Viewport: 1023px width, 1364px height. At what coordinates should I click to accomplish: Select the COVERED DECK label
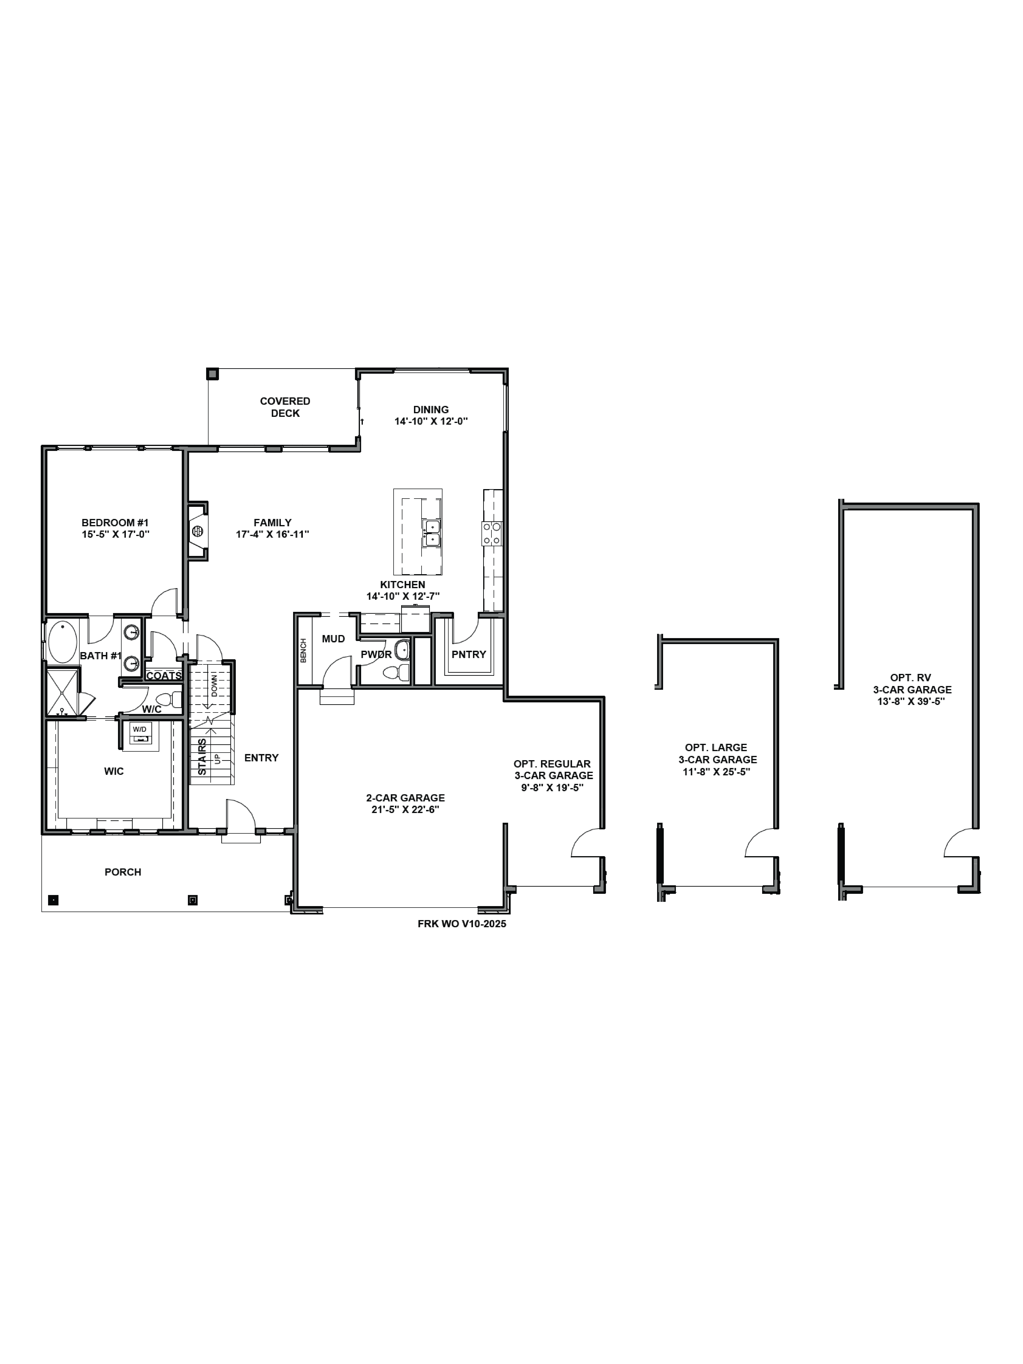click(285, 407)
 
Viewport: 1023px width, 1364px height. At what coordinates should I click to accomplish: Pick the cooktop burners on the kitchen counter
click(492, 533)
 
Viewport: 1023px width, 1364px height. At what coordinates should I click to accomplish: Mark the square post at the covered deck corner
click(212, 374)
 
